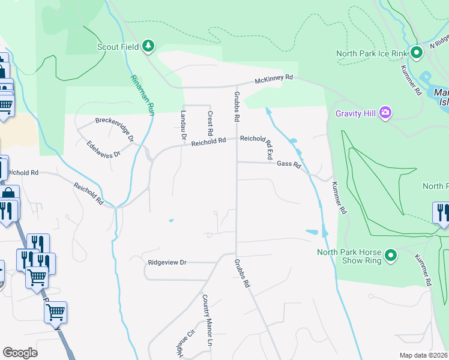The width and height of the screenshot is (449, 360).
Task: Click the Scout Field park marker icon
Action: click(x=148, y=46)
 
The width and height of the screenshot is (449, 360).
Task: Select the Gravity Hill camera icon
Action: click(x=385, y=112)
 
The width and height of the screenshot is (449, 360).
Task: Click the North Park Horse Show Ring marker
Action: click(x=391, y=256)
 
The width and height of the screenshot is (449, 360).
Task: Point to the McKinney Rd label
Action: click(x=274, y=78)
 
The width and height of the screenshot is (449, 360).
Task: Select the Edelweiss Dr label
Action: click(x=104, y=149)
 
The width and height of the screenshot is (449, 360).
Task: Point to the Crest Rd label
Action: click(x=210, y=122)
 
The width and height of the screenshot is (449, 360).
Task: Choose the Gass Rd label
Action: click(x=289, y=164)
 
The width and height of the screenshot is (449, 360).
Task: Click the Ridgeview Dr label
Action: click(x=167, y=262)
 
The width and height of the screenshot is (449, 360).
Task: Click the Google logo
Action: click(x=20, y=353)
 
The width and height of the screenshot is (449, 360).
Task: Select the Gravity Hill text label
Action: click(x=356, y=113)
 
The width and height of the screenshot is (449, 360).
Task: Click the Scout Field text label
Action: click(x=118, y=46)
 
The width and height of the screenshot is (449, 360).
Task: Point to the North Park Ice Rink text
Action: click(x=371, y=53)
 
